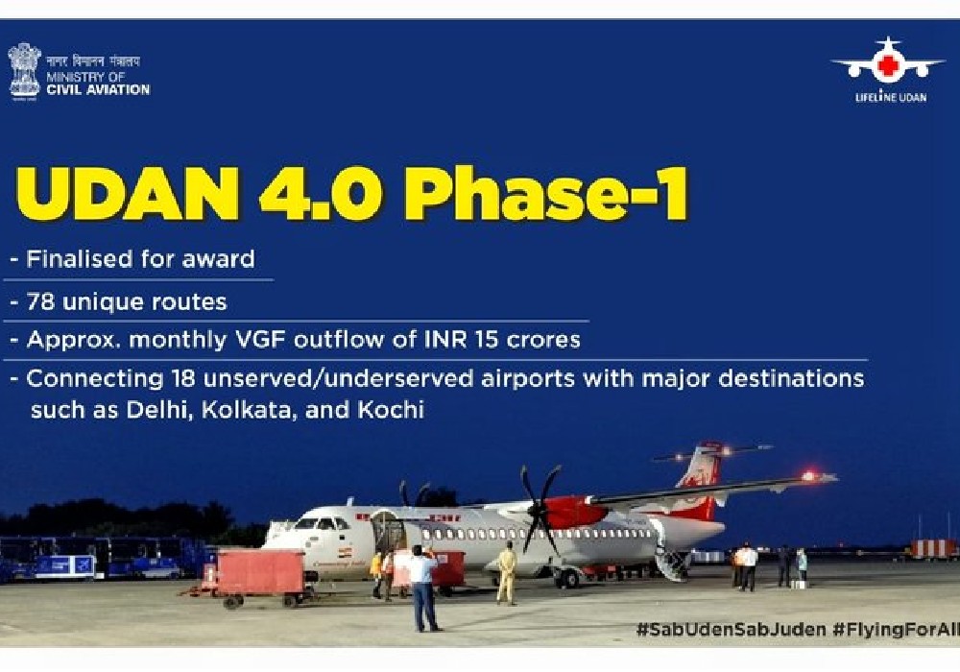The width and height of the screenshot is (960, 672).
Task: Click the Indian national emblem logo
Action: coord(24,71)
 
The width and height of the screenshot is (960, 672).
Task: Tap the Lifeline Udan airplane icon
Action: coord(887,60)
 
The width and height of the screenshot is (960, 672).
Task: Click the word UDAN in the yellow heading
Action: coord(128,193)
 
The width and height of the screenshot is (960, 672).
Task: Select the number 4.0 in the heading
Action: coord(322,193)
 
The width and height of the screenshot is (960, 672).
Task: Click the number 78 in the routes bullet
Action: coord(41,301)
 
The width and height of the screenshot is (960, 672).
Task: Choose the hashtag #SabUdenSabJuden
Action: coord(731,629)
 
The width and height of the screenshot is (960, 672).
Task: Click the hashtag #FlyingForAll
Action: coord(896,629)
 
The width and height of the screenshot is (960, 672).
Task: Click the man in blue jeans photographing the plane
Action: coord(423,588)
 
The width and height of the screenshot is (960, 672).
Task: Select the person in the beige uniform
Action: coord(507,573)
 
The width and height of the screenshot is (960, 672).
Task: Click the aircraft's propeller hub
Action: coord(539,509)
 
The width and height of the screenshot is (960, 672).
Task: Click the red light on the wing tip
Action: coord(808,475)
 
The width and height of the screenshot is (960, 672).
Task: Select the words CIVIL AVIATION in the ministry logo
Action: coord(98,90)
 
